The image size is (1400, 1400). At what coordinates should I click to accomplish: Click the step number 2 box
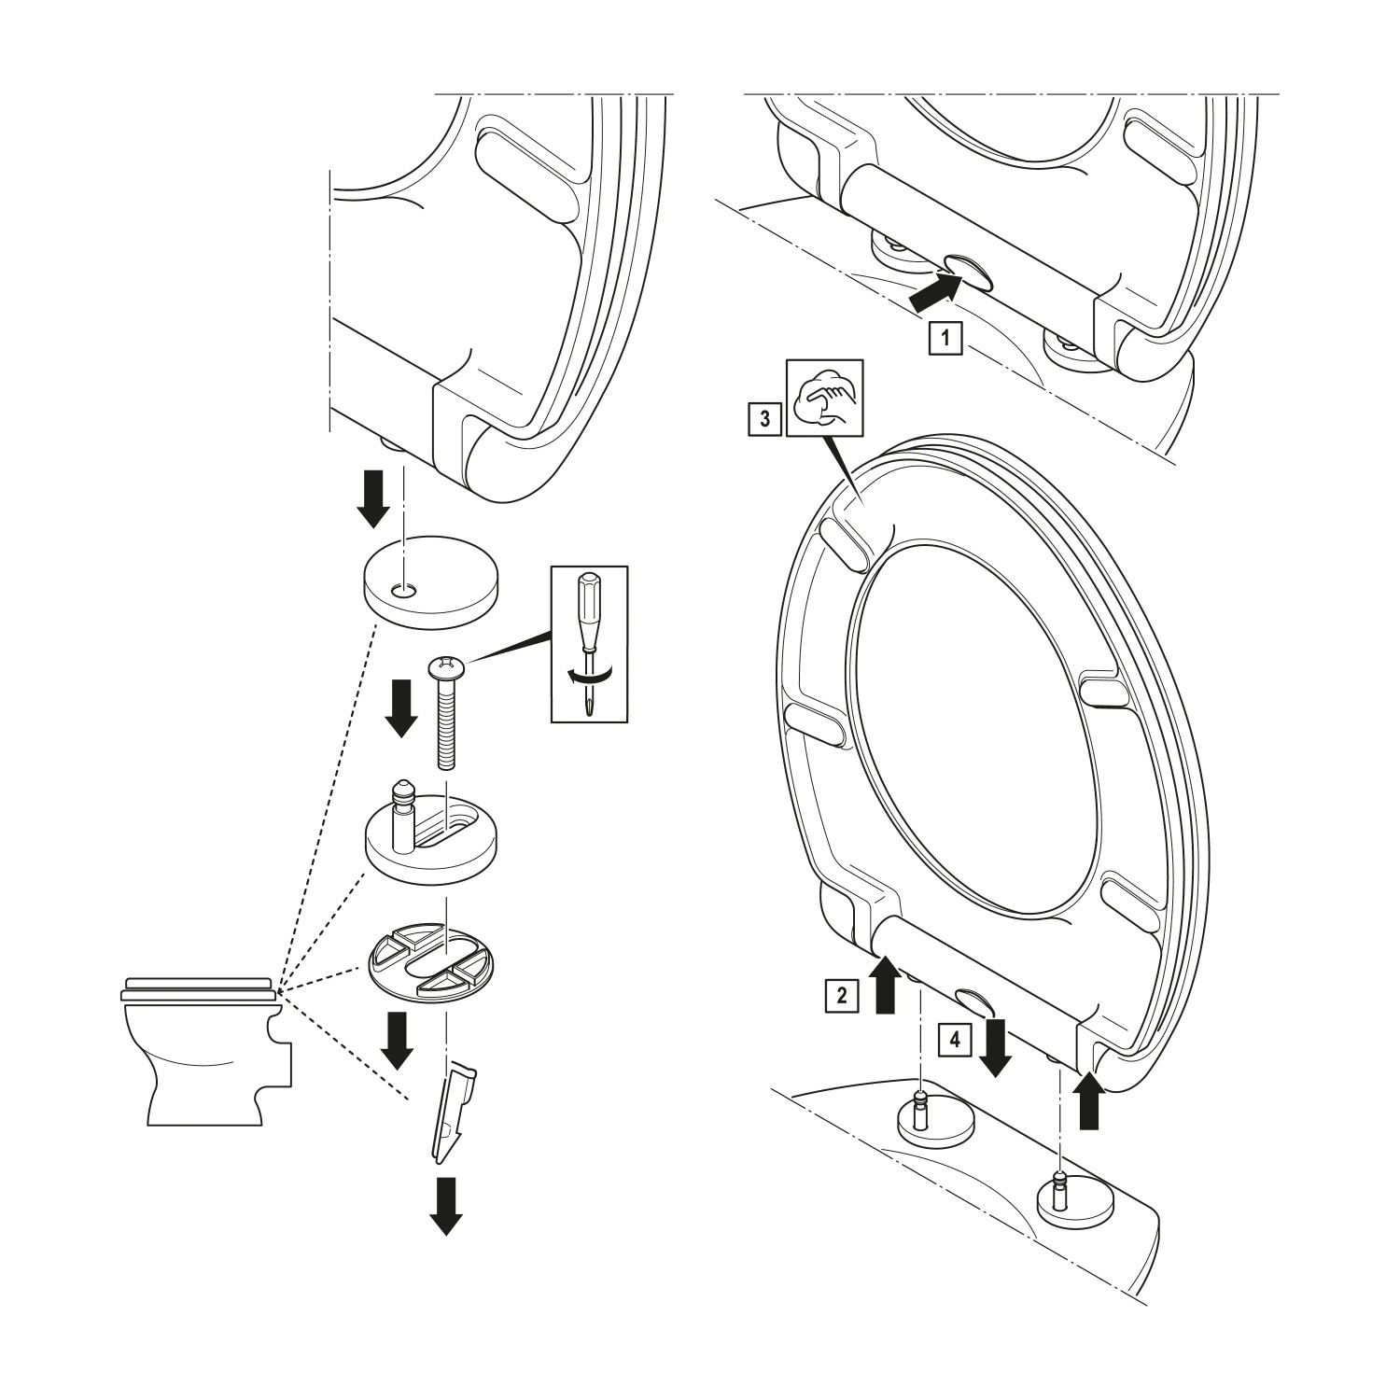pos(841,995)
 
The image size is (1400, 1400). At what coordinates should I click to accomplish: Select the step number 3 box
pos(764,419)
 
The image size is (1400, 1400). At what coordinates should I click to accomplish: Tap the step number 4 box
pos(953,1038)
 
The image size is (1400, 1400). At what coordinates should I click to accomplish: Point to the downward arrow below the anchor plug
pos(446,1204)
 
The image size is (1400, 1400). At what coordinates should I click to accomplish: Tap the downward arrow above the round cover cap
pos(375,497)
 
